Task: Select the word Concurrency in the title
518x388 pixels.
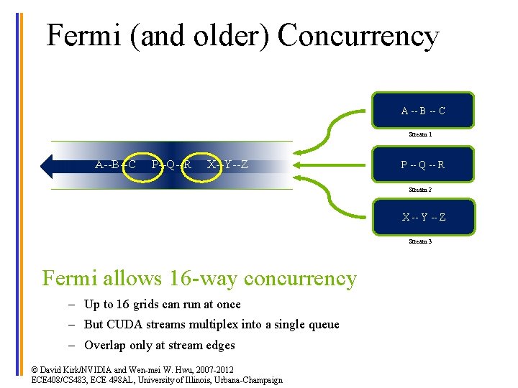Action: pyautogui.click(x=358, y=36)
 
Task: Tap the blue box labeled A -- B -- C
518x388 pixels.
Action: pyautogui.click(x=423, y=111)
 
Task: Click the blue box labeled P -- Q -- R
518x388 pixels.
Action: pyautogui.click(x=423, y=165)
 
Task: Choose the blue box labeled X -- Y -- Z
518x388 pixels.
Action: pyautogui.click(x=423, y=217)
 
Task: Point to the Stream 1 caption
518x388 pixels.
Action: pyautogui.click(x=420, y=134)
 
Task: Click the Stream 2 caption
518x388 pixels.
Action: pyautogui.click(x=420, y=190)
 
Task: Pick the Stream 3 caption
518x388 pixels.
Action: pyautogui.click(x=420, y=242)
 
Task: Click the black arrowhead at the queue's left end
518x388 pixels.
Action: pyautogui.click(x=48, y=165)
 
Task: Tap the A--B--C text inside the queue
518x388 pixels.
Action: pyautogui.click(x=115, y=165)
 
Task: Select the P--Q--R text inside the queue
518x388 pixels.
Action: pyautogui.click(x=171, y=165)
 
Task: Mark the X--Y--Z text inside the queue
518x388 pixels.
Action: pyautogui.click(x=227, y=165)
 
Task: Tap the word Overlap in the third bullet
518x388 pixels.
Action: pyautogui.click(x=105, y=346)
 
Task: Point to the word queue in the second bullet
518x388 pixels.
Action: pyautogui.click(x=323, y=325)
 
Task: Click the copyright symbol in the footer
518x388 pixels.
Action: pyautogui.click(x=35, y=369)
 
